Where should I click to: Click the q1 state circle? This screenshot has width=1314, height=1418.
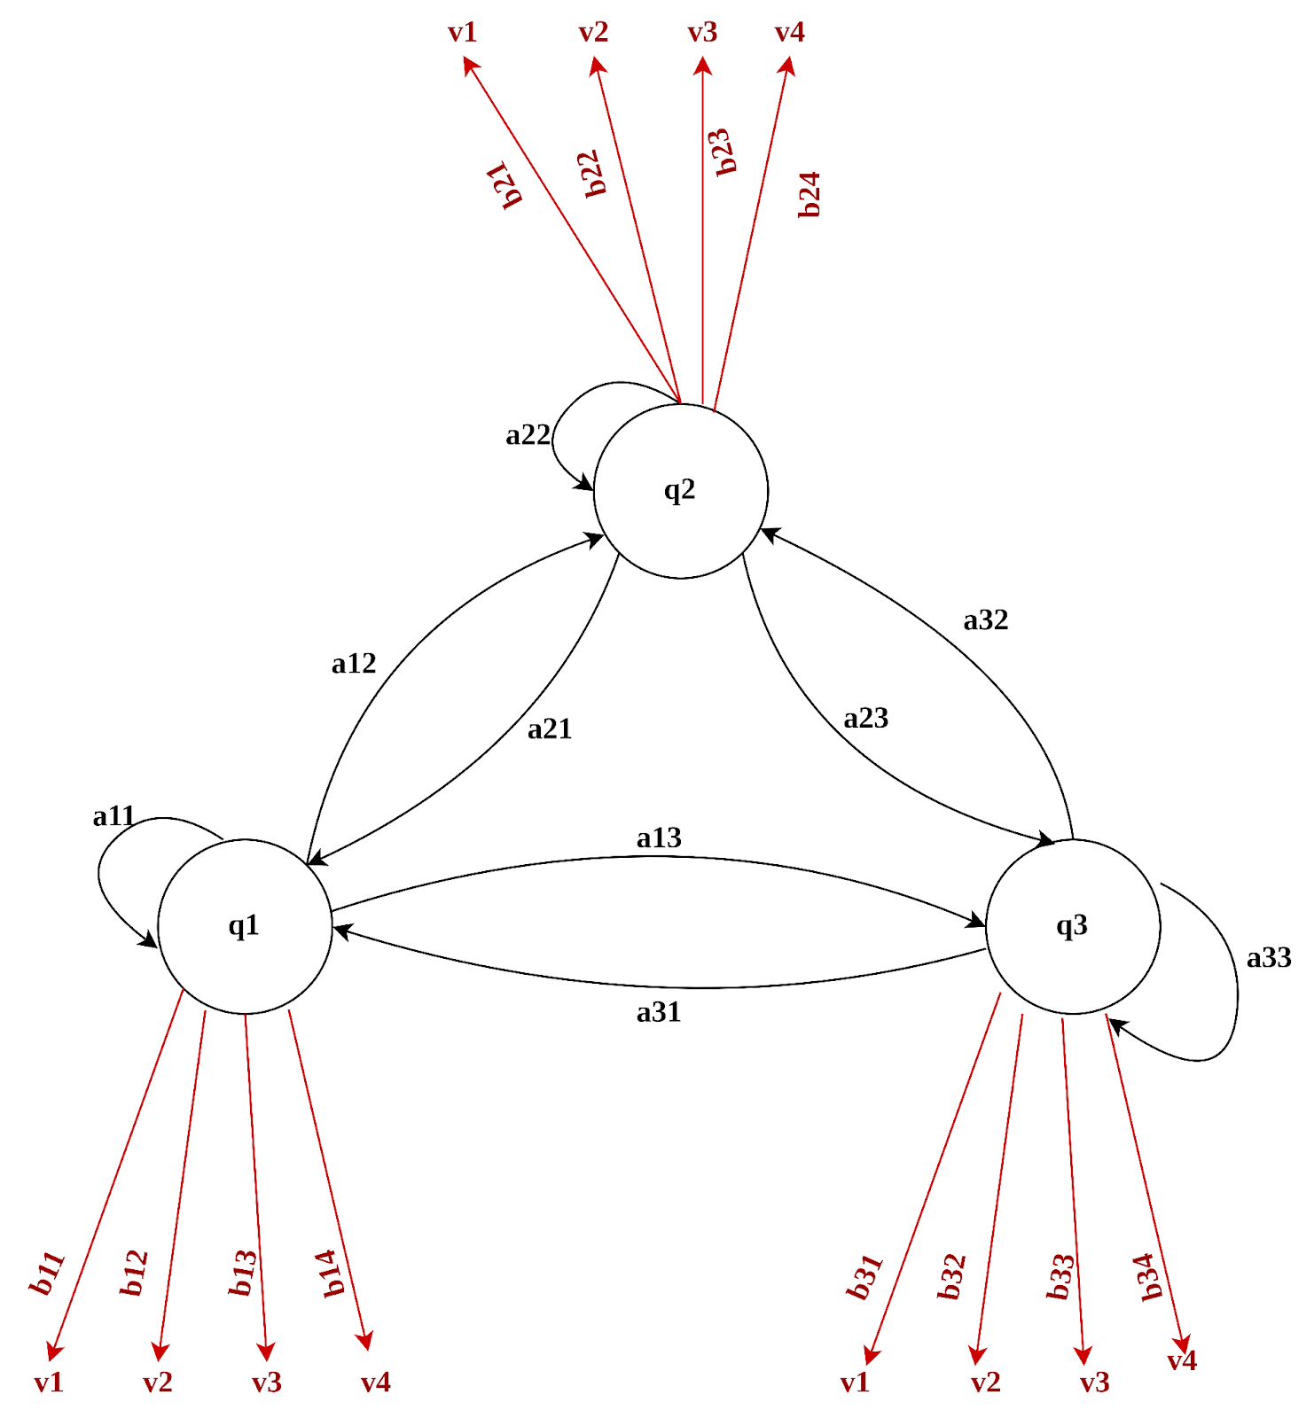coord(245,926)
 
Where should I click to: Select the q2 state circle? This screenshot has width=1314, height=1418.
coord(680,490)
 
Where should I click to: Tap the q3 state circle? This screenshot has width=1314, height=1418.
coord(1072,926)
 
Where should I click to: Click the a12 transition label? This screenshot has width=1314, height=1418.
coord(354,664)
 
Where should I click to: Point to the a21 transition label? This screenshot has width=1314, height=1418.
coord(550,729)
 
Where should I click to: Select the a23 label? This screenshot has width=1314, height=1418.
coord(865,718)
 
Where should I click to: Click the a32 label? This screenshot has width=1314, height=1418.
coord(986,620)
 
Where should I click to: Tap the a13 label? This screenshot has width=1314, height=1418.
coord(659,838)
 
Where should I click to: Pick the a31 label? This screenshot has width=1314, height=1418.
coord(659,1012)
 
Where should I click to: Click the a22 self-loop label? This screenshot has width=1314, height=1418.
coord(528,435)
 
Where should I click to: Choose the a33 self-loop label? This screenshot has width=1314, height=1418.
coord(1269,958)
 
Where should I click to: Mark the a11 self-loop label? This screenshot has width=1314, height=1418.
coord(114,816)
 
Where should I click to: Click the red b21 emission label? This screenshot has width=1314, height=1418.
coord(507,184)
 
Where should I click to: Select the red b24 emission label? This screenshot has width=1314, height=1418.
coord(810,195)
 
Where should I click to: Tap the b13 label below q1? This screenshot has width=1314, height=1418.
coord(243,1274)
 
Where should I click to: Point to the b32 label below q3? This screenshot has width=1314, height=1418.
coord(951,1277)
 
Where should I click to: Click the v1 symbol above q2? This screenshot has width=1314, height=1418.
coord(462,33)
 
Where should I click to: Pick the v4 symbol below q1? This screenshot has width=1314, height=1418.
coord(375,1383)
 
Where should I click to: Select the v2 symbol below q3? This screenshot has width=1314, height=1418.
coord(985,1383)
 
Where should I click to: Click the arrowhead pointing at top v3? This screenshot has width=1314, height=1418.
coord(703,65)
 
